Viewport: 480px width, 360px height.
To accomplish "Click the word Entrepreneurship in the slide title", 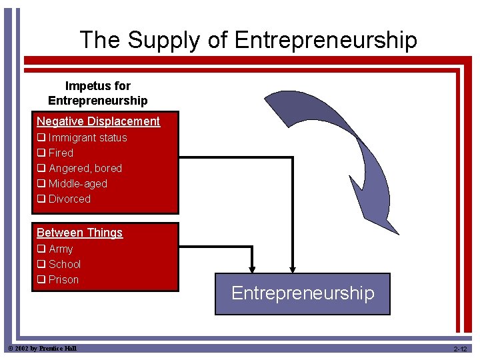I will coord(326,41).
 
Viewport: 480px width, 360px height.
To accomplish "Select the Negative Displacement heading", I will coord(98,121).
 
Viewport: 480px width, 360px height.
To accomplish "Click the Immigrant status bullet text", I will coord(87,138).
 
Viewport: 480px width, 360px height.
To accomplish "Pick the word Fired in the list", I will coord(61,153).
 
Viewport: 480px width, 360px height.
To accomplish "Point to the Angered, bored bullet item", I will coord(85,169).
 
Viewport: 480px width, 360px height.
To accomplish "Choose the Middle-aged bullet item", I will coord(77,184).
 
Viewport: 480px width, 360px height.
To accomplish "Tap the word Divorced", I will coord(69,199).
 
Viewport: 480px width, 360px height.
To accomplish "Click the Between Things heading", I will coord(79,233).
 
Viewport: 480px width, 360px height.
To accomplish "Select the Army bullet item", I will coord(61,249).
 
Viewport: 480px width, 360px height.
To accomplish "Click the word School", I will coord(65,265).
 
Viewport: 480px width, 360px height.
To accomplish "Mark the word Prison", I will coord(63,280).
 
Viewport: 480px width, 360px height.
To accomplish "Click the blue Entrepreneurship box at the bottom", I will coord(302,294).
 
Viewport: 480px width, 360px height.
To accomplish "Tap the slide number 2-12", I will coord(460,349).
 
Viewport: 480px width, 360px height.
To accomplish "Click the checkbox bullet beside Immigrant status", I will coord(41,138).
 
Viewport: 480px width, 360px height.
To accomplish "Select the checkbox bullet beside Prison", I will coord(41,280).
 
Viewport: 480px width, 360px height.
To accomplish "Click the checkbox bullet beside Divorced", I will coord(41,199).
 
